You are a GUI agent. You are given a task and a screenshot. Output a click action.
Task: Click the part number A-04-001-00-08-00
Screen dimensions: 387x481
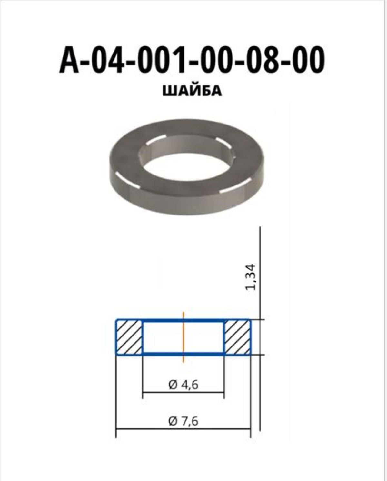(192, 60)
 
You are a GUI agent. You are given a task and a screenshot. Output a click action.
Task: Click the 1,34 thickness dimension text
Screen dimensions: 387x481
(250, 277)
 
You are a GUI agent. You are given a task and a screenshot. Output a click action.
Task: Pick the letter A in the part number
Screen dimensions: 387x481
(69, 60)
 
